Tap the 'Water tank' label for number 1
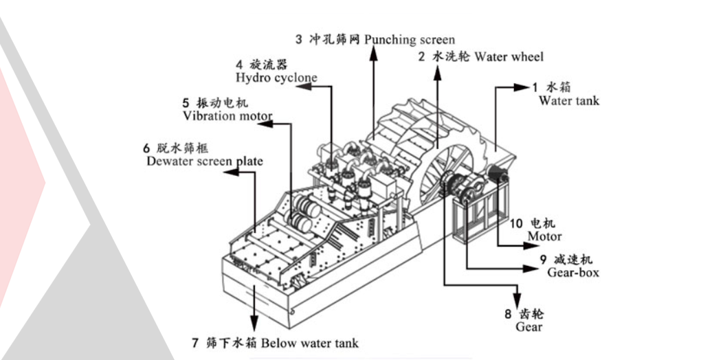[x=568, y=101]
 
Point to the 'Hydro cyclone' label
[x=276, y=78]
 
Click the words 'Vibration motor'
[x=227, y=115]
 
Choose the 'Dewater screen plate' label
[x=204, y=161]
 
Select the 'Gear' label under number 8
[x=529, y=327]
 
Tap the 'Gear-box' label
[x=573, y=272]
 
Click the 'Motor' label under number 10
[x=544, y=236]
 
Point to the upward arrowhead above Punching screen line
[x=373, y=53]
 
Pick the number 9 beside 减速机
[x=542, y=260]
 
